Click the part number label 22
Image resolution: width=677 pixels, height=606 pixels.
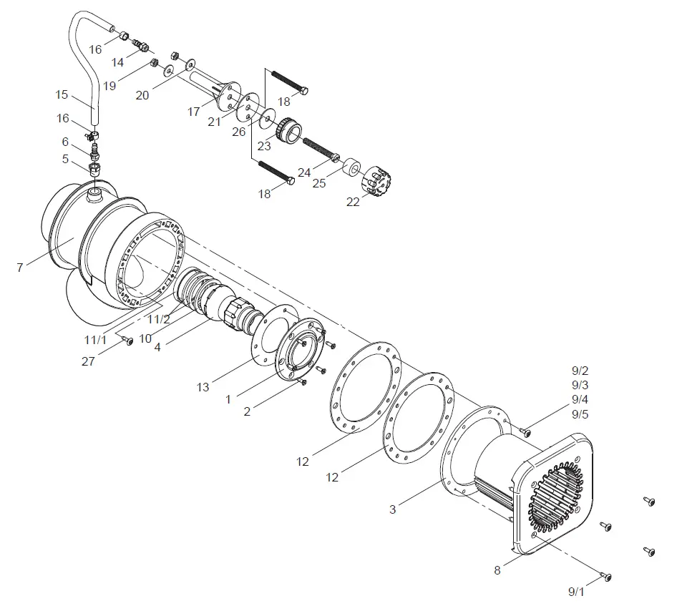[353, 202]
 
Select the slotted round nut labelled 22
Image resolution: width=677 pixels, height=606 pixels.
[379, 181]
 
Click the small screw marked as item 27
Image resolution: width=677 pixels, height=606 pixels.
[130, 342]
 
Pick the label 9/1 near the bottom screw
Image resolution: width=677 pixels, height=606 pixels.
[577, 592]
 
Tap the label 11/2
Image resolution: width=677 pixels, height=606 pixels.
[158, 319]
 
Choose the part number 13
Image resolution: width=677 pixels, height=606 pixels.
[203, 387]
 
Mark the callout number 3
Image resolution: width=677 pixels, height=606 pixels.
[392, 509]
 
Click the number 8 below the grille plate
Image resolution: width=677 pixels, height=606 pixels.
[497, 570]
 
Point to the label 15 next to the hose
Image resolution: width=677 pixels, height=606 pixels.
[63, 94]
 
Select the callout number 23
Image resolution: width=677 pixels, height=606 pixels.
[264, 146]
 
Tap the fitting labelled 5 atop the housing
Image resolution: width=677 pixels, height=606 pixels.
[94, 170]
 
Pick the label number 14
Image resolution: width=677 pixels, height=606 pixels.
[117, 62]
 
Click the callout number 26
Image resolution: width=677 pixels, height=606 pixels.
[238, 132]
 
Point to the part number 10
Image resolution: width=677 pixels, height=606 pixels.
[145, 338]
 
